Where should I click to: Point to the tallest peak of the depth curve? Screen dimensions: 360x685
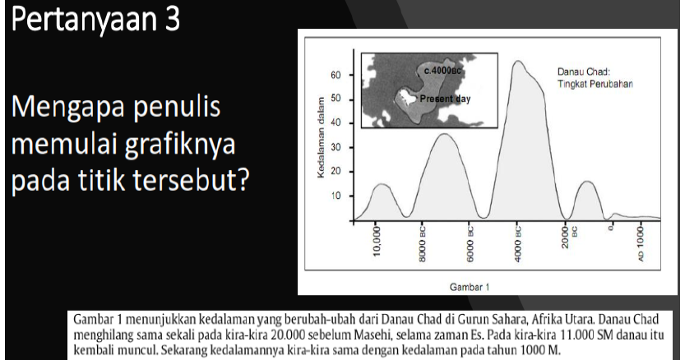click(x=520, y=62)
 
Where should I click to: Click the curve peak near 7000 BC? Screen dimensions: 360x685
click(x=444, y=134)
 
